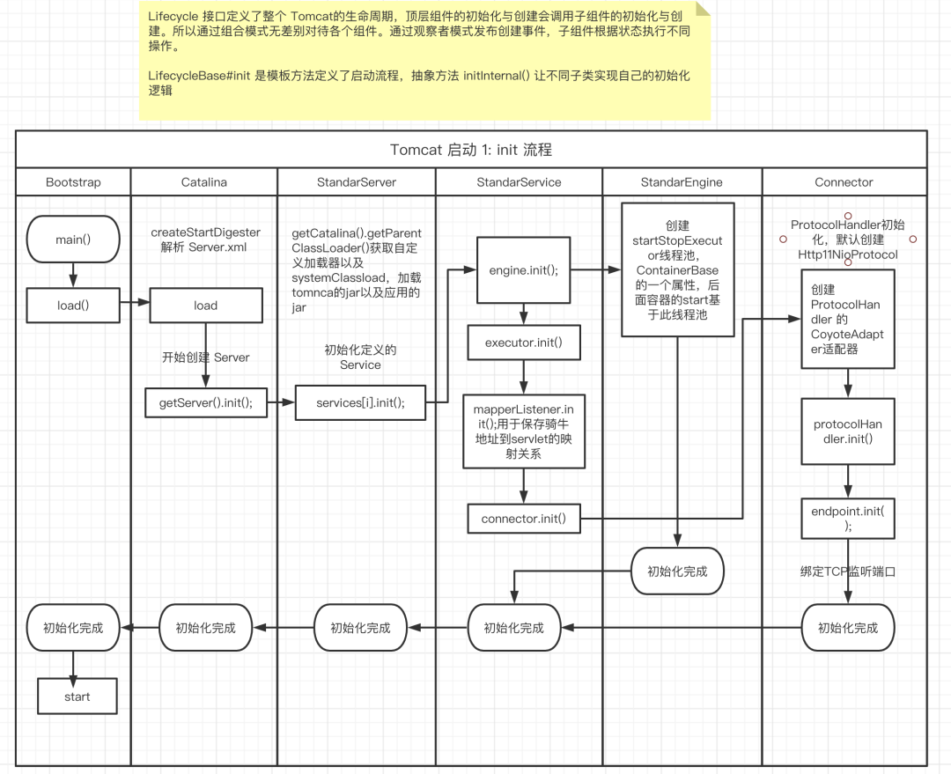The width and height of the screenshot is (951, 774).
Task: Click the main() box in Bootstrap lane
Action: pos(73,238)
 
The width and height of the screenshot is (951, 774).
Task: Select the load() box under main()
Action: pos(73,306)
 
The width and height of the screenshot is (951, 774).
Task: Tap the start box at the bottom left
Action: pos(77,697)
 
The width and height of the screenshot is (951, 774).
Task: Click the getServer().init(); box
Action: pos(206,402)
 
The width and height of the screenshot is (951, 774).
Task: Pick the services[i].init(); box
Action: pos(360,402)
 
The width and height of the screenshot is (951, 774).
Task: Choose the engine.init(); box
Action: pos(524,269)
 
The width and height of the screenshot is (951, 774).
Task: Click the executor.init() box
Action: pos(524,343)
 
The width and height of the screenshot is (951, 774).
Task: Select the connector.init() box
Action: pos(524,519)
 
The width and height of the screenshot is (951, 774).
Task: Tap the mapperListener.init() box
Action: pos(524,431)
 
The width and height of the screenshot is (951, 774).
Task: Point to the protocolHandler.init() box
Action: pos(848,431)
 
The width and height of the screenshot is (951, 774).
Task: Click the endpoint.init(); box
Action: pos(848,519)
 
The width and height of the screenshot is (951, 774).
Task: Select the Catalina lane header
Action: pos(204,182)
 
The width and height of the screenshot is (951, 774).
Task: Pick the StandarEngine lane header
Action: pos(682,182)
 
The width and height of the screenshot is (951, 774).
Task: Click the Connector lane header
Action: pos(844,182)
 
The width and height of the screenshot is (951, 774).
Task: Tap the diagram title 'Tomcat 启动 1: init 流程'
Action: pos(471,150)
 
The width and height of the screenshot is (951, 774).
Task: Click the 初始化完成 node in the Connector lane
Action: pos(848,628)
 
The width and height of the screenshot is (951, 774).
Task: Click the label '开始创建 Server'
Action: pos(205,358)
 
